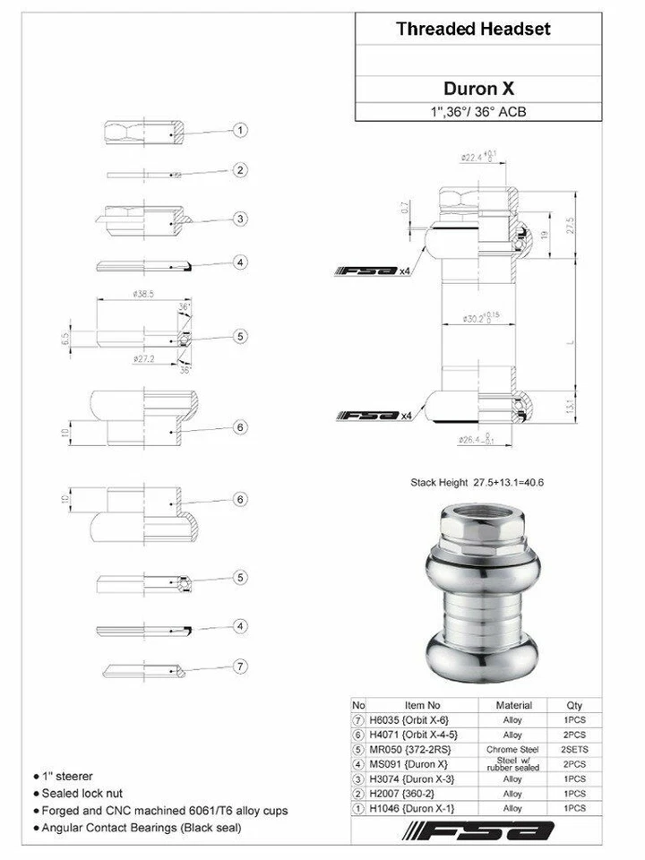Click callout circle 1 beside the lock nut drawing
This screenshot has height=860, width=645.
coord(240,131)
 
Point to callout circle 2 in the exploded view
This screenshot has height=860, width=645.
coord(240,169)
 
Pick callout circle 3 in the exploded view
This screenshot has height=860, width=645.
coord(240,219)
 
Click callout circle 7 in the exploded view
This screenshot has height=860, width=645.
coord(240,666)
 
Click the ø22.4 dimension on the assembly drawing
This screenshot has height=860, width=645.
coord(475,156)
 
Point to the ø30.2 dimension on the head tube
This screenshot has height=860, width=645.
coord(474,318)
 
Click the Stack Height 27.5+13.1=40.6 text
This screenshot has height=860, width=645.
coord(477,483)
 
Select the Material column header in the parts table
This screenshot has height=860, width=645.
coord(513,705)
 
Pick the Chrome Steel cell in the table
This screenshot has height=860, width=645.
coord(513,749)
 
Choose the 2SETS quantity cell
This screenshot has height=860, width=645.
coord(574,749)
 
